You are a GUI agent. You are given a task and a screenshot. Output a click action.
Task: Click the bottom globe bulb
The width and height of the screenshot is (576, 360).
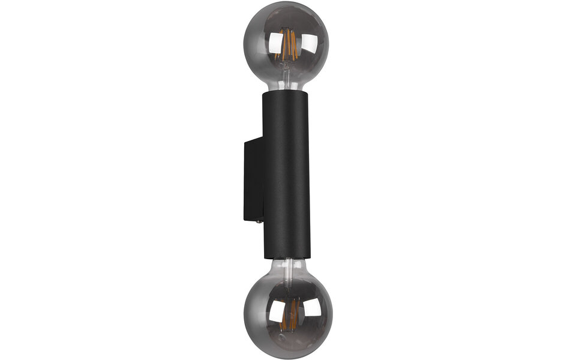287,316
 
